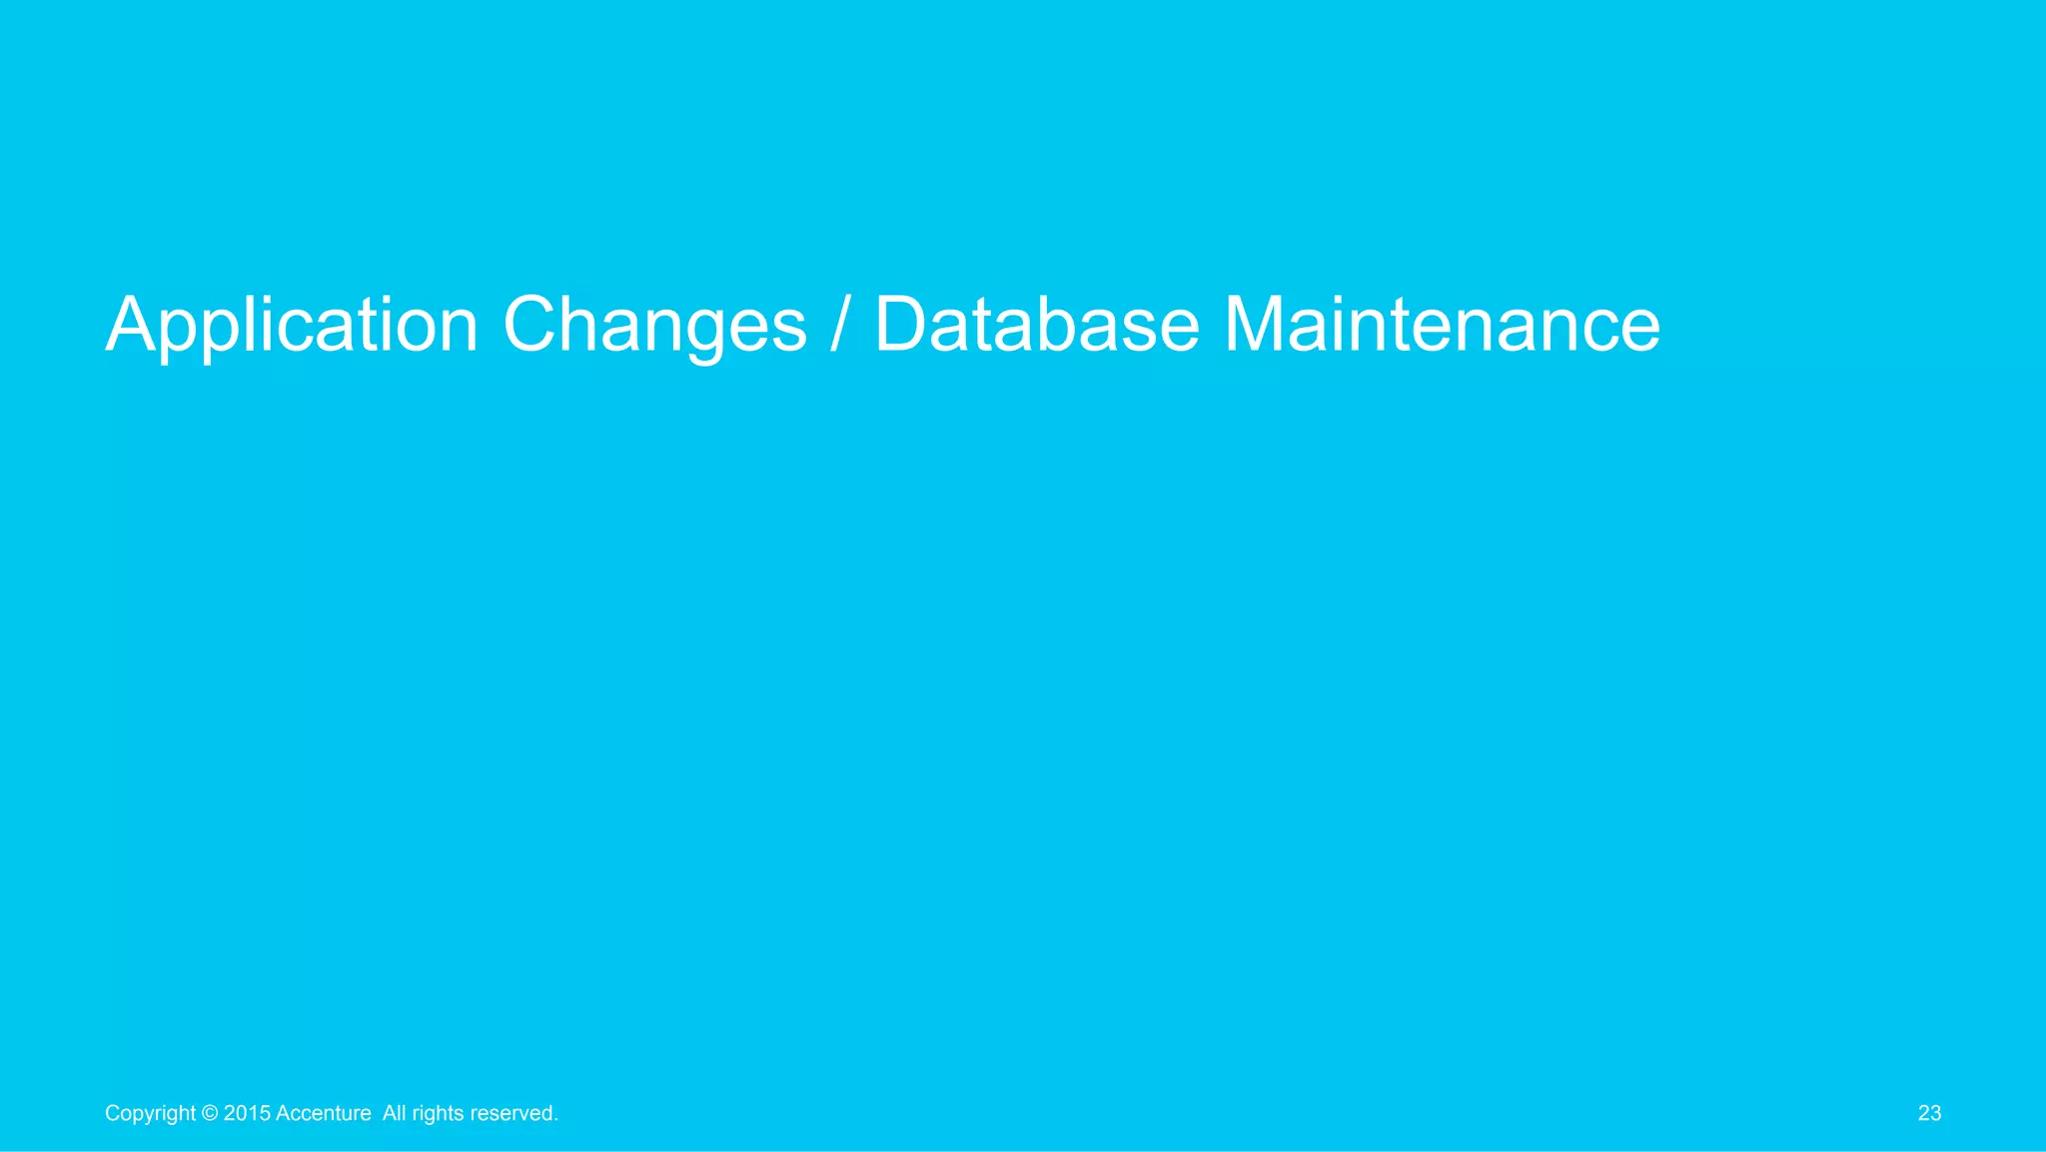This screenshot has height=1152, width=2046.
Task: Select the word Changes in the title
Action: coord(654,326)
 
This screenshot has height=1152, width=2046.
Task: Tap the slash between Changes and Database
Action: coord(840,326)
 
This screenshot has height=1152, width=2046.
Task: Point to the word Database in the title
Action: coord(1036,326)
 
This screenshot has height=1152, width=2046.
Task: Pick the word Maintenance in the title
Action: coord(1442,326)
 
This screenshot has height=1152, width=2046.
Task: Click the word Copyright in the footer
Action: coord(150,1114)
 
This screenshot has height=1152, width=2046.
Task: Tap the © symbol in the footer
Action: coord(210,1113)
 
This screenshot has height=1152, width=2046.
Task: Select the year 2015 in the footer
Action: coord(246,1113)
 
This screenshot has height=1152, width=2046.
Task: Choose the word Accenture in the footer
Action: coord(323,1113)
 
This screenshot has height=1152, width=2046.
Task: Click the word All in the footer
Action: coord(394,1113)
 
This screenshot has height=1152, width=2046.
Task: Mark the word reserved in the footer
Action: coord(511,1113)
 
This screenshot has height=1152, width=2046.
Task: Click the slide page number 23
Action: coord(1929,1113)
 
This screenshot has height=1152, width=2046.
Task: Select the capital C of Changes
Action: coord(531,324)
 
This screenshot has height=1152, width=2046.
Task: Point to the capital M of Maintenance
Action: coord(1256,324)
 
